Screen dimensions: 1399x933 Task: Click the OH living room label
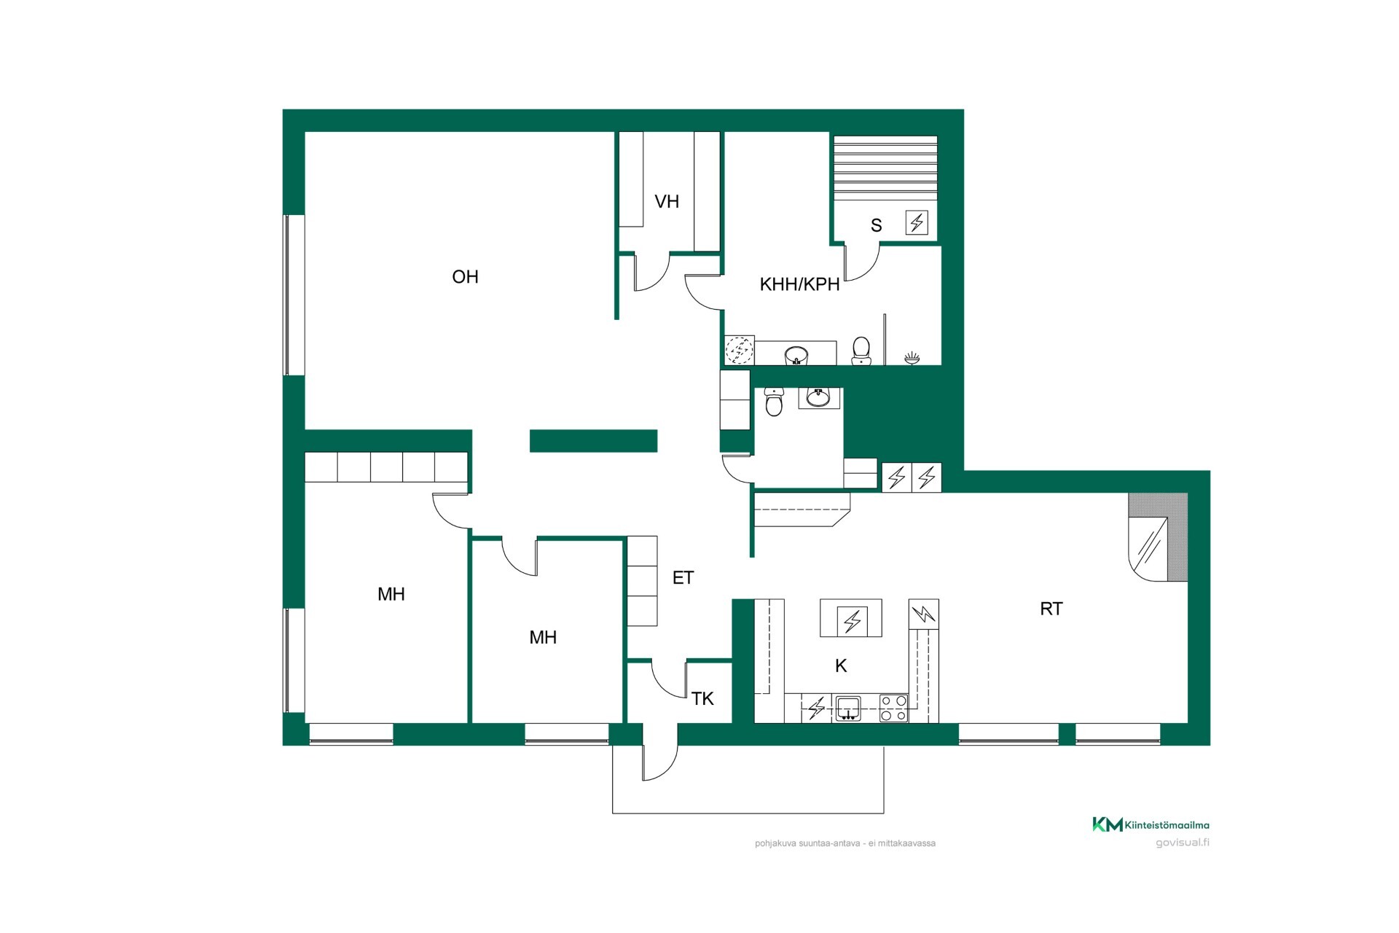(x=465, y=277)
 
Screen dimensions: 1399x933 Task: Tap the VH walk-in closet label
(x=667, y=202)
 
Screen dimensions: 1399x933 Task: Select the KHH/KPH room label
(x=799, y=284)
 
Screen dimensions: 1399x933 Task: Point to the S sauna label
(x=876, y=226)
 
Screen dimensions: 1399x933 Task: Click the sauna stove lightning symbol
(x=917, y=222)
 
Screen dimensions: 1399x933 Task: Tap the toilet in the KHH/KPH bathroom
(x=861, y=351)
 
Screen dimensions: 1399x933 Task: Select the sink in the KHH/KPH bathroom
(x=796, y=356)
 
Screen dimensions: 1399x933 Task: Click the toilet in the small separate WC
(x=774, y=402)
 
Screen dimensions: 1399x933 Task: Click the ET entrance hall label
(x=683, y=578)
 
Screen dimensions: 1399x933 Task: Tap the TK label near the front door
(x=702, y=699)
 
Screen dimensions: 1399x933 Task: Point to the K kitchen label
(x=841, y=665)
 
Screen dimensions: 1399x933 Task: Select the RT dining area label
(x=1051, y=609)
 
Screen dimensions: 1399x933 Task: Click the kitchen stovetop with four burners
(x=894, y=708)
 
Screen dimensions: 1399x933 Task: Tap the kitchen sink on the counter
(x=847, y=708)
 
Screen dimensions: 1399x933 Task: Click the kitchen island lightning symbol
(x=851, y=621)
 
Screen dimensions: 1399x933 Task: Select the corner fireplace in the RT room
(x=1158, y=537)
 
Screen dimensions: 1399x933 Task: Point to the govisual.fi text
(x=1183, y=843)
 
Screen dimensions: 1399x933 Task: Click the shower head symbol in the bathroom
(x=912, y=358)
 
